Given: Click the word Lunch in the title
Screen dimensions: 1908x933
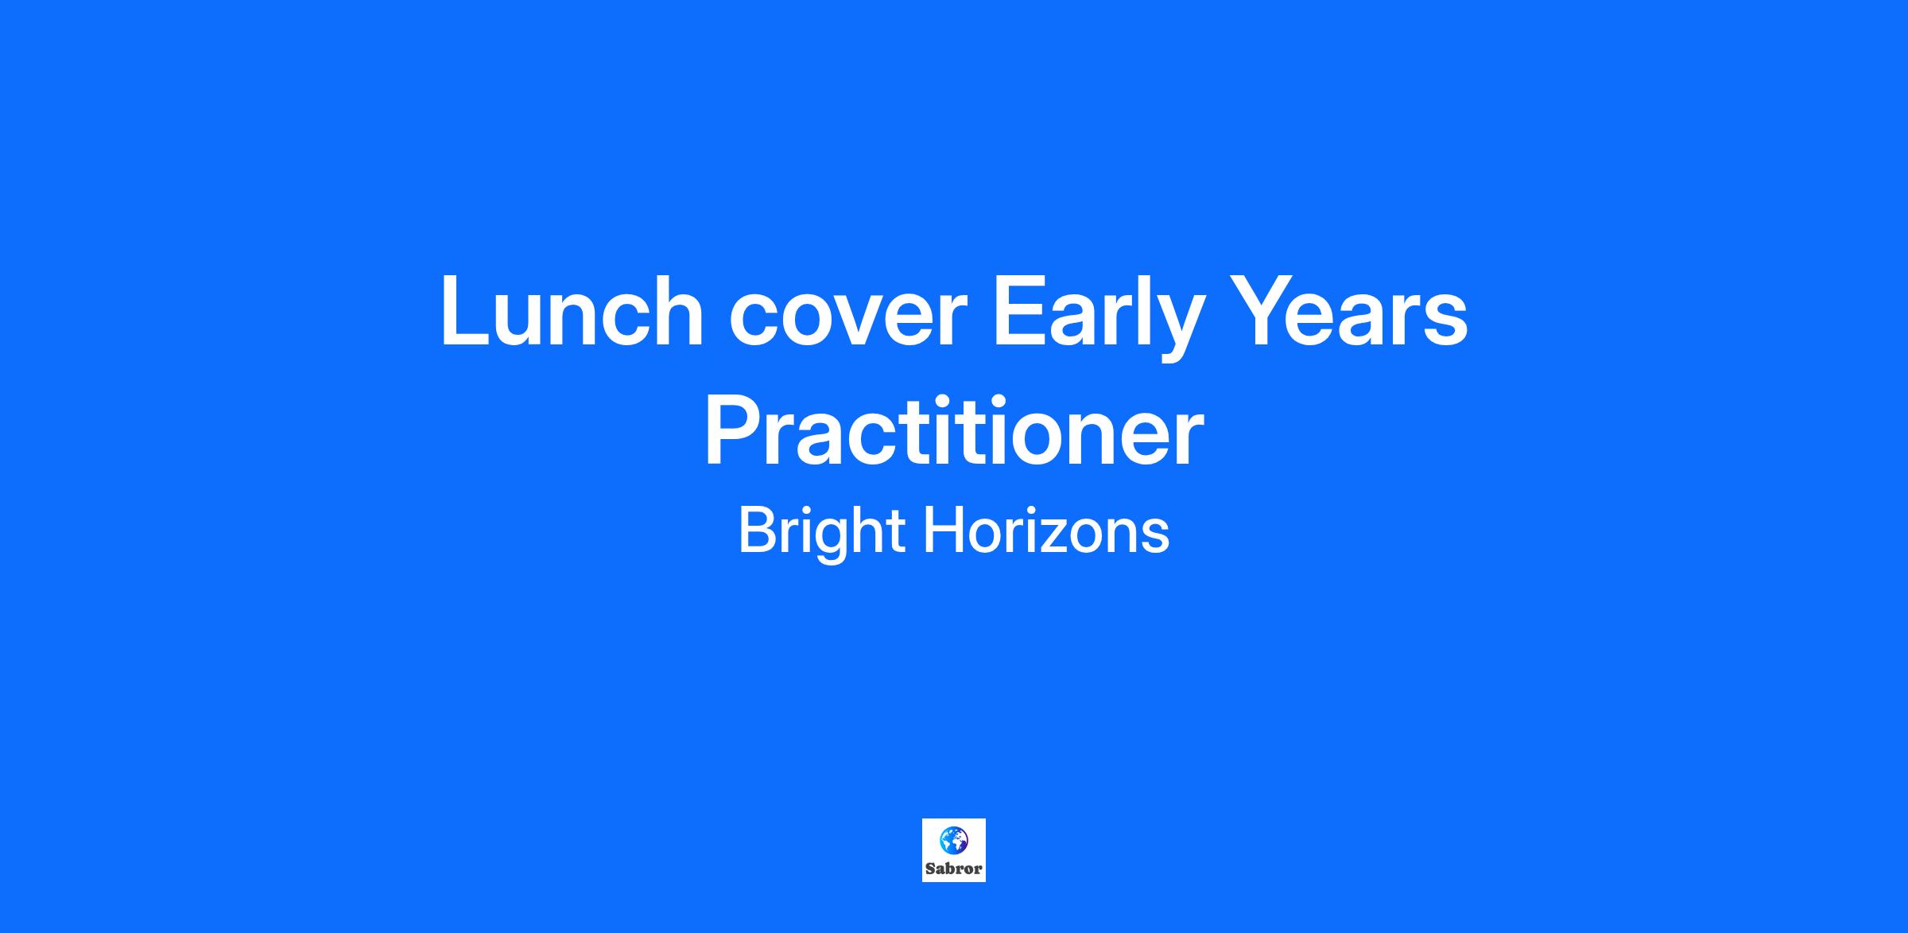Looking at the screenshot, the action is [572, 310].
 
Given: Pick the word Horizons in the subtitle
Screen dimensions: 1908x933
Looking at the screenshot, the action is [1046, 530].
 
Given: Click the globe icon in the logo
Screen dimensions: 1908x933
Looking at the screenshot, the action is [953, 840].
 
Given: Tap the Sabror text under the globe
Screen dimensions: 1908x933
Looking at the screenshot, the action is [953, 869].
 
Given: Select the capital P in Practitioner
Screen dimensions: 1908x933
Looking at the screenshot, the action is [734, 431].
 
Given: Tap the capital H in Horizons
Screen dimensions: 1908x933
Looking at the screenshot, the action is [942, 530].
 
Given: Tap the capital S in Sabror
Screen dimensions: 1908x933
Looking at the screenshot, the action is [930, 869].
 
